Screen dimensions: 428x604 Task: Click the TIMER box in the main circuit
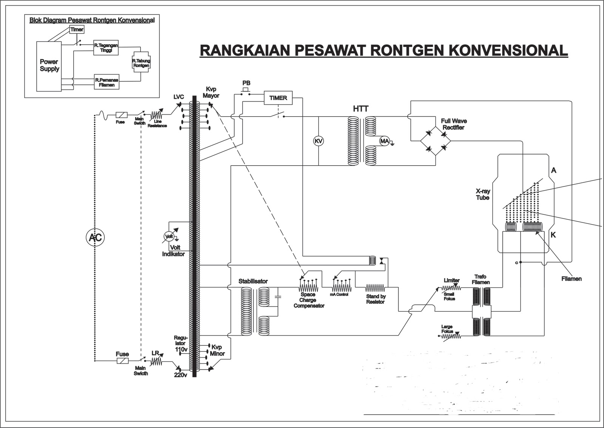coord(278,98)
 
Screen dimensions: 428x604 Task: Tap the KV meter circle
coord(319,141)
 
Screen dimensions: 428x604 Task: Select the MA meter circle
coord(384,141)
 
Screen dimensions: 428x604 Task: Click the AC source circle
coord(94,237)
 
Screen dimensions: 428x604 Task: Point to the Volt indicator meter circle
coord(169,237)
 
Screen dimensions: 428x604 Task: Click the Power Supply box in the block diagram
coord(49,66)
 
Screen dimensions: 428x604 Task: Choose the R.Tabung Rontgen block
coord(141,63)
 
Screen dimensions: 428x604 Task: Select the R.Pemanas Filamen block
coord(107,82)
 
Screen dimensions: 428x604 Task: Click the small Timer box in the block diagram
coord(77,29)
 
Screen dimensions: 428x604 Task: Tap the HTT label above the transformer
coord(361,109)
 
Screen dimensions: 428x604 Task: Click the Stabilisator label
coord(253,281)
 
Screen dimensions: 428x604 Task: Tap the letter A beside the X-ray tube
coord(553,170)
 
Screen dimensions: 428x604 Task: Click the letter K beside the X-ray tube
coord(553,235)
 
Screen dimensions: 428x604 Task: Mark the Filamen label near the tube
coord(571,279)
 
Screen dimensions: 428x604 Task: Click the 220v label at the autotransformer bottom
coord(180,376)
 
